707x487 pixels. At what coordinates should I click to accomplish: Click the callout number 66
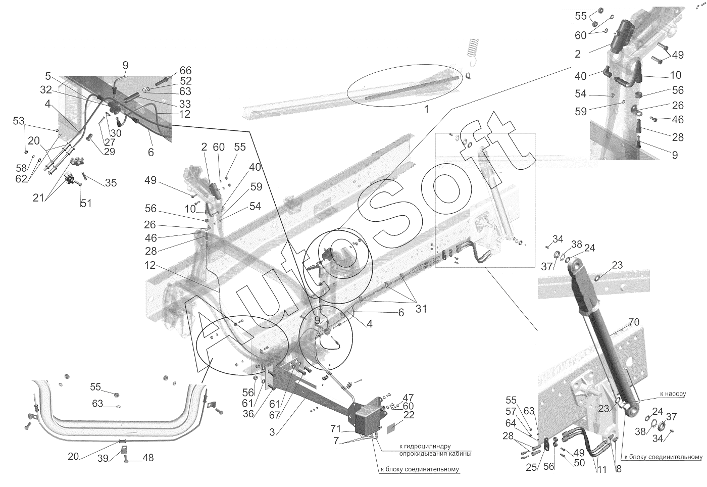pyautogui.click(x=185, y=71)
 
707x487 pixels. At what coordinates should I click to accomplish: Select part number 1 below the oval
pyautogui.click(x=426, y=109)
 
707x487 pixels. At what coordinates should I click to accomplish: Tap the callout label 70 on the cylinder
pyautogui.click(x=634, y=322)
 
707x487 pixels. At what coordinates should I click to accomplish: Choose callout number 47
pyautogui.click(x=408, y=397)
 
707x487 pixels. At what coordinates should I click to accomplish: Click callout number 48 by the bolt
pyautogui.click(x=147, y=458)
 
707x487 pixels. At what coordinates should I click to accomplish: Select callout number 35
pyautogui.click(x=110, y=183)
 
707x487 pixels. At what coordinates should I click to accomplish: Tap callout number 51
pyautogui.click(x=86, y=204)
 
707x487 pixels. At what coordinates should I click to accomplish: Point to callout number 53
pyautogui.click(x=19, y=121)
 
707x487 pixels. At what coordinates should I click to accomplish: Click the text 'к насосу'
pyautogui.click(x=672, y=394)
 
